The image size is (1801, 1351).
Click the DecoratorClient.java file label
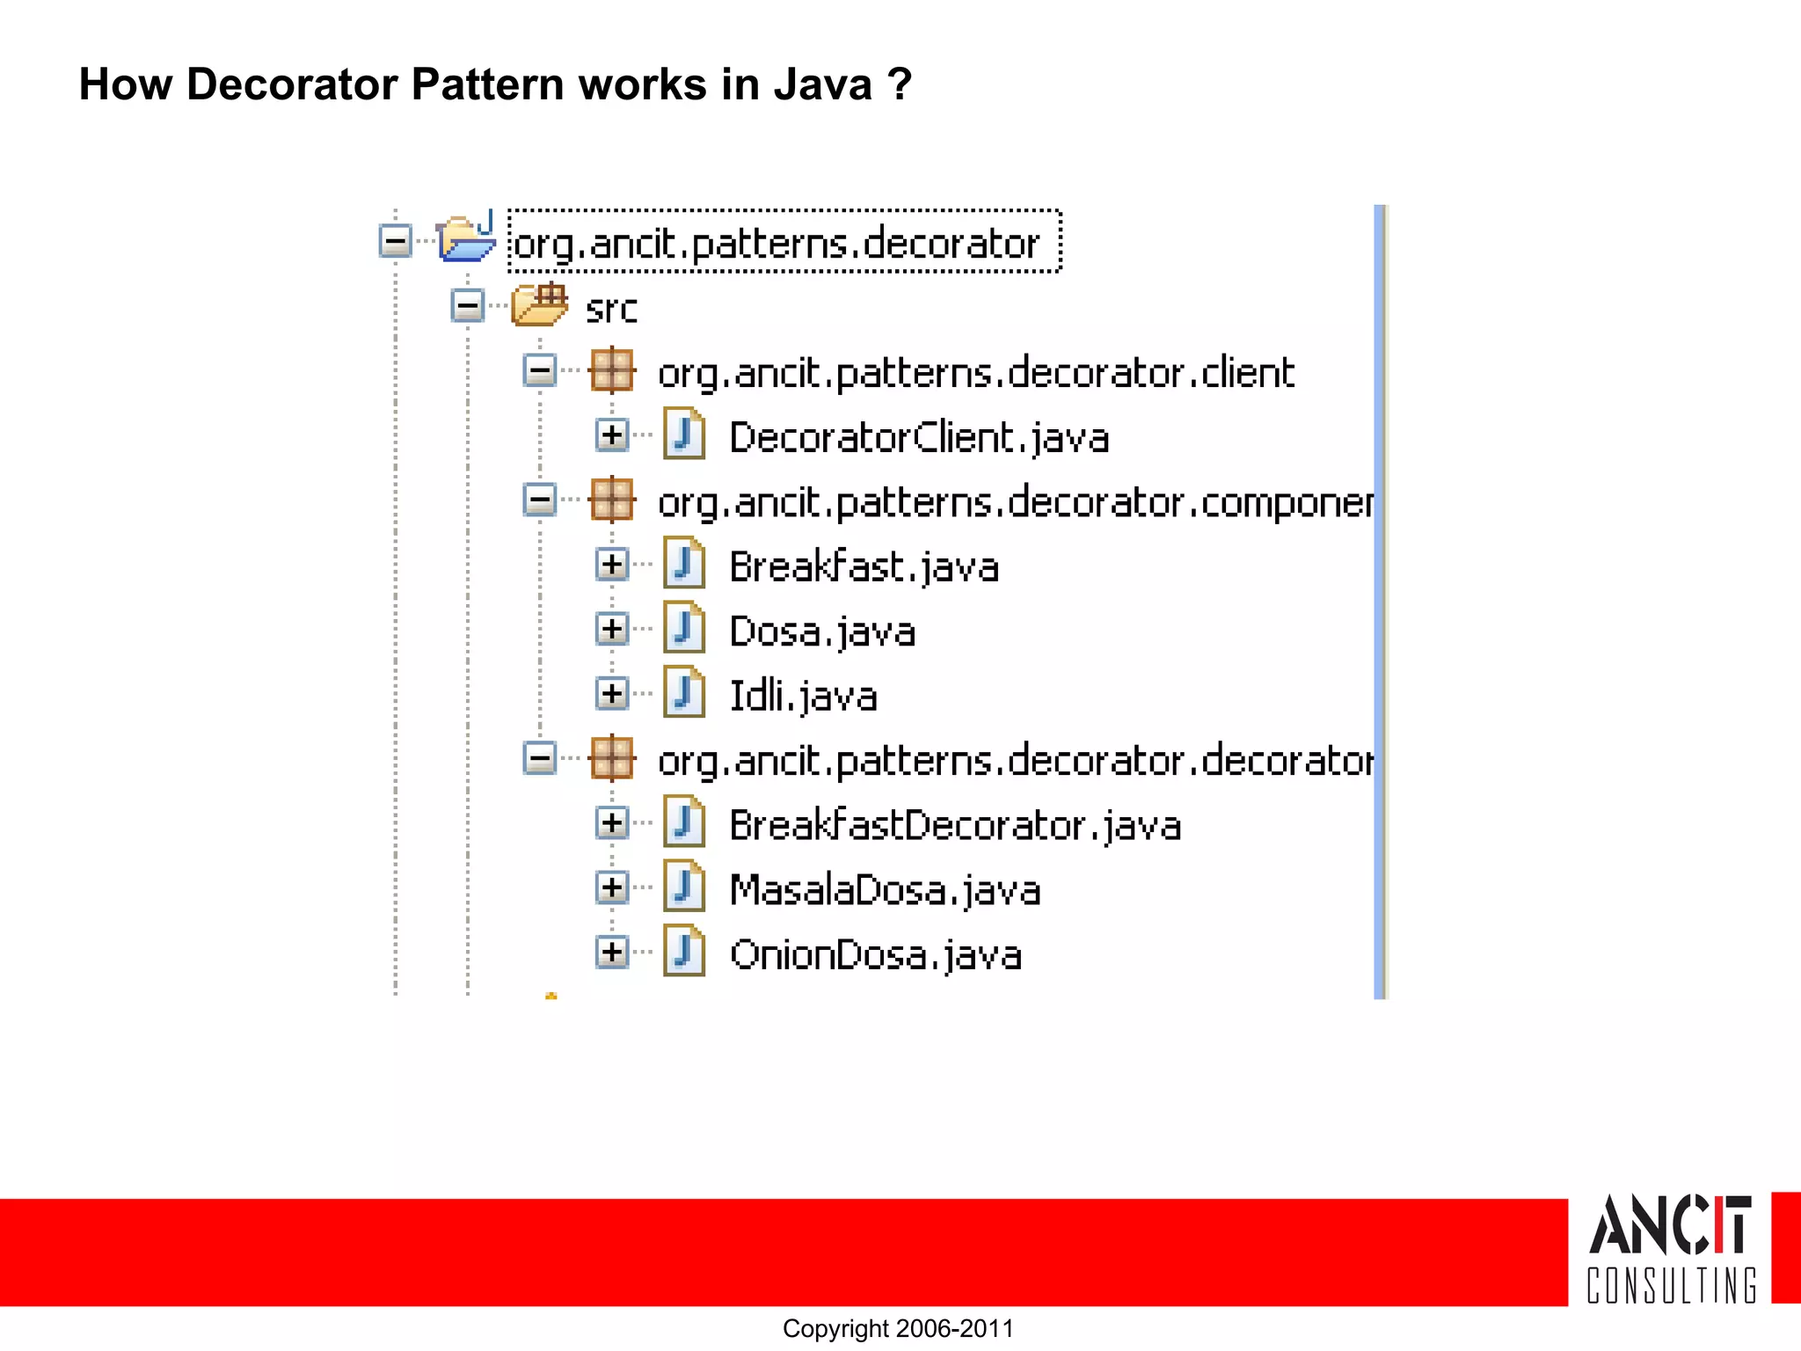(x=919, y=437)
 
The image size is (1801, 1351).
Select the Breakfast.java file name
(x=864, y=566)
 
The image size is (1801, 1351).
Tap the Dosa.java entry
(x=822, y=632)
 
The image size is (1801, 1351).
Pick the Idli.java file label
(x=803, y=696)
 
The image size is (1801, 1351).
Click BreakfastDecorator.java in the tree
(x=955, y=825)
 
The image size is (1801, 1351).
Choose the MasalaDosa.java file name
(x=885, y=890)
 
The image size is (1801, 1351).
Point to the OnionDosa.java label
(x=876, y=954)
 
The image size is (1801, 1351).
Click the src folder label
(x=611, y=309)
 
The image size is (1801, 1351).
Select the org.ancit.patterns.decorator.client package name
(x=976, y=373)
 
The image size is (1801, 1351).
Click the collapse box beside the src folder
(x=468, y=306)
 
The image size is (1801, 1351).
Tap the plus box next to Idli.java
(x=612, y=693)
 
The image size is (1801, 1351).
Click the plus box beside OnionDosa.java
(x=612, y=952)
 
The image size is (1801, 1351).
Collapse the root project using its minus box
(x=396, y=240)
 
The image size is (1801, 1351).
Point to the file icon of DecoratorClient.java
(x=684, y=435)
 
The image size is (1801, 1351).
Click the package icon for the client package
(x=612, y=370)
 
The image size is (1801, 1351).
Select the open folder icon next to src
(x=540, y=305)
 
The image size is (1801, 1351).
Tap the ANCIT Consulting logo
(x=1671, y=1249)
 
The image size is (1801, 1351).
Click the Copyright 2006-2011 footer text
(x=898, y=1328)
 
